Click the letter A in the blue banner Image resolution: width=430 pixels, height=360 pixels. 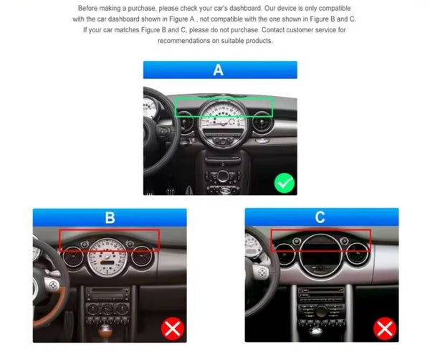point(219,70)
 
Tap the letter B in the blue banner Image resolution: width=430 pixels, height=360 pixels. point(110,217)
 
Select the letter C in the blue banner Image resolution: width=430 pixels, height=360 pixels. point(320,217)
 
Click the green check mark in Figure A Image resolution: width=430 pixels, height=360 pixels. point(285,183)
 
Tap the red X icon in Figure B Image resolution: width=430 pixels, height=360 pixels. point(173,328)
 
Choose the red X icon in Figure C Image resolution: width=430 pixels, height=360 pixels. point(385,328)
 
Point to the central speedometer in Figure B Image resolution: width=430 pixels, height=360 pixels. point(107,257)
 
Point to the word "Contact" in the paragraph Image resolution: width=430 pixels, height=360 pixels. point(273,29)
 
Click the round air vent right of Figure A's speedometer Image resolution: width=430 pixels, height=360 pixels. point(262,122)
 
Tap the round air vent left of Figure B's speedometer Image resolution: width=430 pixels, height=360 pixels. point(73,257)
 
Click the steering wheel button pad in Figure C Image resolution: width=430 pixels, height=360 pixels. point(262,273)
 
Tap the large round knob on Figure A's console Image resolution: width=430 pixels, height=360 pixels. point(223,176)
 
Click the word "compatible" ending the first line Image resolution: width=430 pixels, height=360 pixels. point(335,8)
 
